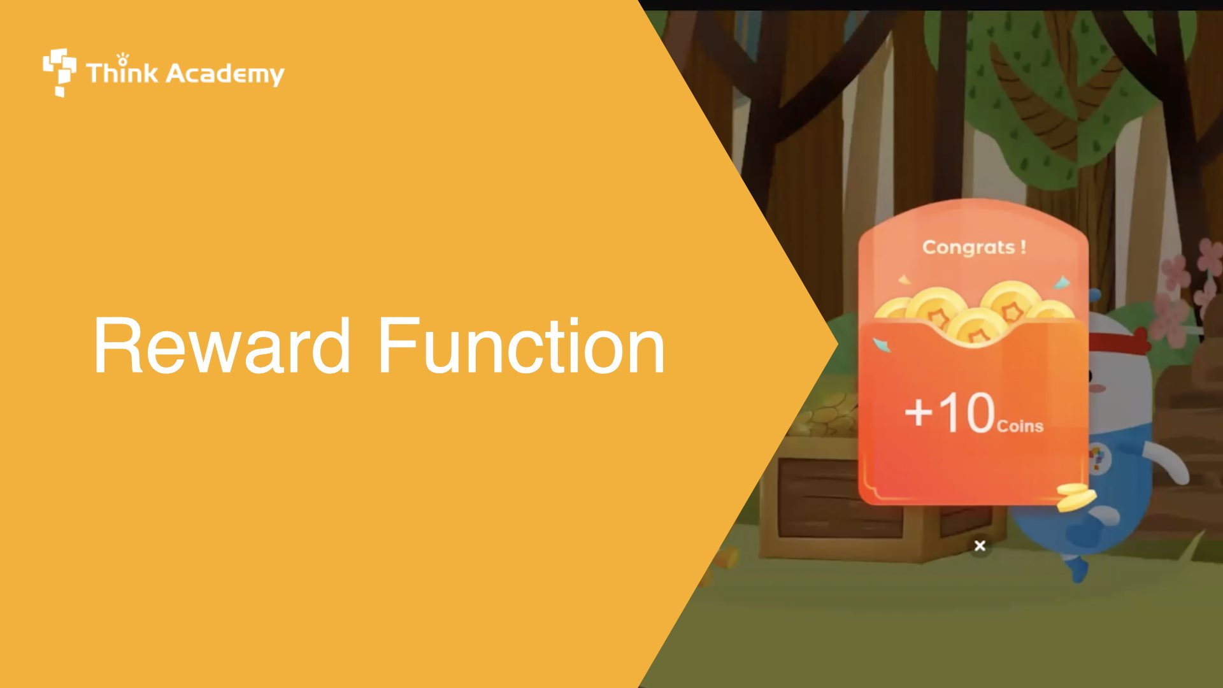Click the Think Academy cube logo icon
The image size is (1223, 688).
[59, 72]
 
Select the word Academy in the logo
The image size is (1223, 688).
[225, 74]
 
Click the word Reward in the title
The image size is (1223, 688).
[222, 346]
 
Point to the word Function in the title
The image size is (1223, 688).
[521, 346]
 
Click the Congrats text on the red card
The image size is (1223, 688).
[968, 247]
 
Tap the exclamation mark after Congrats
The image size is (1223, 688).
[1023, 246]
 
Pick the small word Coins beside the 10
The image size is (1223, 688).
[1020, 426]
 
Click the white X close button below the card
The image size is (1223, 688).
[980, 546]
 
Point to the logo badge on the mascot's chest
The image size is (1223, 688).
[1099, 457]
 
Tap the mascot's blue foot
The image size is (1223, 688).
[1076, 567]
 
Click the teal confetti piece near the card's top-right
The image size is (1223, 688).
[1061, 282]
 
